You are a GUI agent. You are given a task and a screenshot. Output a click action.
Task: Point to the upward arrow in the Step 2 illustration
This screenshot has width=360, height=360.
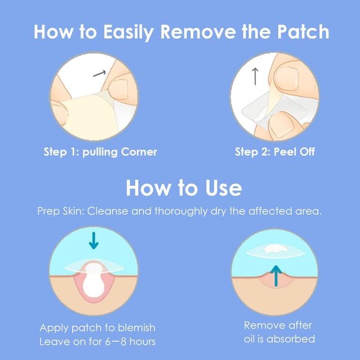tap(255, 76)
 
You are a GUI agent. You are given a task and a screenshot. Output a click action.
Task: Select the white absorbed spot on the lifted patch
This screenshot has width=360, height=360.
tap(274, 248)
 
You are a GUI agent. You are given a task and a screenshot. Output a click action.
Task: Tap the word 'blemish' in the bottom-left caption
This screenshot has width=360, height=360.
tap(134, 327)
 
